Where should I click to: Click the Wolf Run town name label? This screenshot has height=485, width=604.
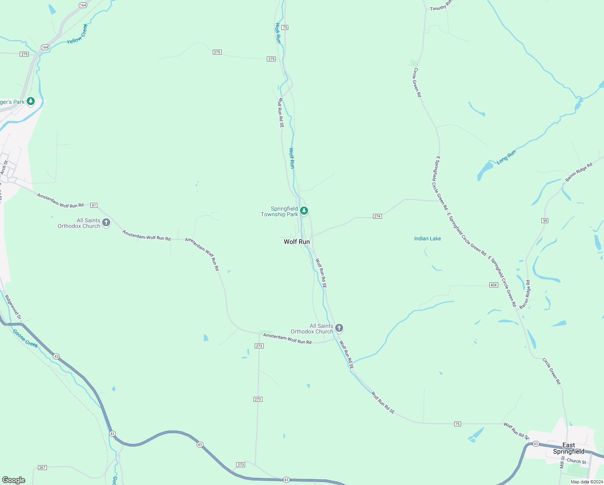(297, 242)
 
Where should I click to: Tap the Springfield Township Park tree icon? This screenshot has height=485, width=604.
(304, 211)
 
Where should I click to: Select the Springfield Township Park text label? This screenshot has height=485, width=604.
(280, 211)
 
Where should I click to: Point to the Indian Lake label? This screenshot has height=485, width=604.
(428, 238)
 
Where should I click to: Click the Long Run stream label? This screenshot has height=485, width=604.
(506, 157)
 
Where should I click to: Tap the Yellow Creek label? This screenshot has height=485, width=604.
(77, 34)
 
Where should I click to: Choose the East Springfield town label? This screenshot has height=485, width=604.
(568, 448)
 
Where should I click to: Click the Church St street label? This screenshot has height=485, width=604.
(576, 461)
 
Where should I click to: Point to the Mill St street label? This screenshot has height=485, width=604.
(562, 463)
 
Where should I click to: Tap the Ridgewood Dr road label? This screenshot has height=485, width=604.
(13, 307)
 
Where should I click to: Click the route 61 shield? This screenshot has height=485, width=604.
(94, 205)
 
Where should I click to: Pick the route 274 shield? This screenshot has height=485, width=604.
(377, 216)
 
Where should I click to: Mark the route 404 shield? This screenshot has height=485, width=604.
(493, 285)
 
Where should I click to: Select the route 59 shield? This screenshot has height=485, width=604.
(545, 221)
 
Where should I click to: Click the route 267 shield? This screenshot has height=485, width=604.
(42, 468)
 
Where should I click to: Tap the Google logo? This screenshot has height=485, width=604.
(14, 480)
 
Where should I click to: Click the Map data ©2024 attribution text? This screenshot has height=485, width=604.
(587, 482)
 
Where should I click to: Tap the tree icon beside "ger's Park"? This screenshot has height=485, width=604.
(31, 101)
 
